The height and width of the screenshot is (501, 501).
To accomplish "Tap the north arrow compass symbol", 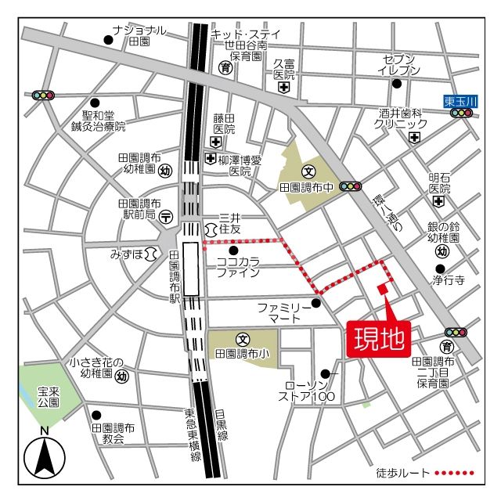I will click(x=45, y=456).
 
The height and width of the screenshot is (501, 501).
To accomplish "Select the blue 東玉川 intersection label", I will click(x=460, y=100).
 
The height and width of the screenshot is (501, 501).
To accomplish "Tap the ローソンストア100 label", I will click(x=311, y=391).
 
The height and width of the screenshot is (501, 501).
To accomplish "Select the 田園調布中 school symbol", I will click(x=308, y=171).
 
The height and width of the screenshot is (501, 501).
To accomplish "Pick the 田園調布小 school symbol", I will click(x=242, y=340).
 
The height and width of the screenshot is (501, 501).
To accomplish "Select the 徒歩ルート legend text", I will click(x=402, y=473).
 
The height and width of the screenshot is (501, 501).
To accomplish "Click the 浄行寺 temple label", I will click(x=449, y=278).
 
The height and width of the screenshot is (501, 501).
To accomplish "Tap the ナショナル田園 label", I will click(x=139, y=35).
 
